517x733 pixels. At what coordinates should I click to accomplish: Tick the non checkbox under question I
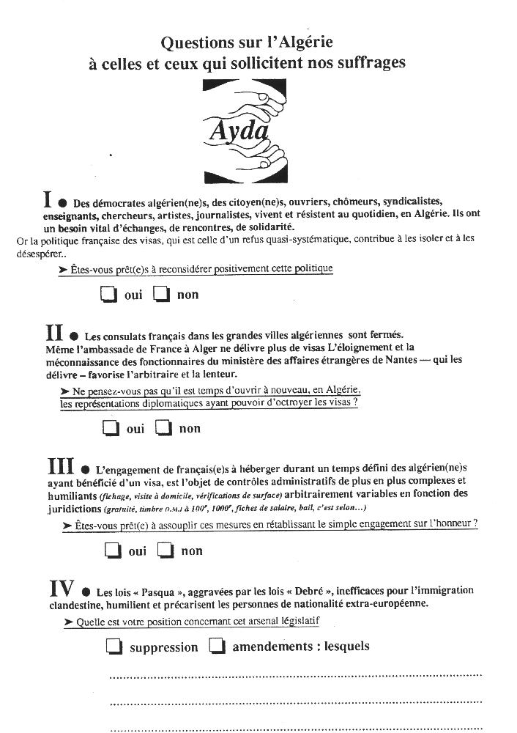point(162,295)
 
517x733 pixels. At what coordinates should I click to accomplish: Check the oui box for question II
point(111,428)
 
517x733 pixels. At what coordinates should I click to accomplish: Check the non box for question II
point(164,428)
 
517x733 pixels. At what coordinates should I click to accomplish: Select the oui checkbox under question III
point(112,550)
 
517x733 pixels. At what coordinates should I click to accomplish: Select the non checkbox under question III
point(166,550)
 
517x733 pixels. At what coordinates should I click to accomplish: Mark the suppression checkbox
point(114,647)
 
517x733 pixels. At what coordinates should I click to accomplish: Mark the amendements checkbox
point(217,646)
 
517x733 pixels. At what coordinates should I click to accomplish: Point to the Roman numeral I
point(48,199)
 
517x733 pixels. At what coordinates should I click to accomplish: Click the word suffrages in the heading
point(372,64)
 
